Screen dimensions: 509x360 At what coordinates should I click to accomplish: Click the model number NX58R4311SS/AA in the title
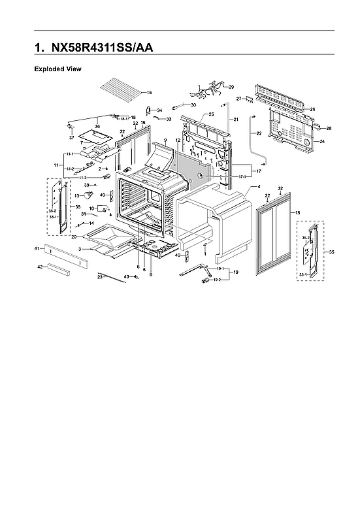105,48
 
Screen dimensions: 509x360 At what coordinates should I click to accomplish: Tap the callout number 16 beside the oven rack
149,93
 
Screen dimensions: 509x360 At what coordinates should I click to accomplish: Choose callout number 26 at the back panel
312,109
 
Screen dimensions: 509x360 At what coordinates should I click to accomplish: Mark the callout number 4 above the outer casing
259,187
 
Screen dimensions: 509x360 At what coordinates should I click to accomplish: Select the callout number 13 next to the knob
76,195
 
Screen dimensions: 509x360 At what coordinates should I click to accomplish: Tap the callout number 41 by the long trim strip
37,249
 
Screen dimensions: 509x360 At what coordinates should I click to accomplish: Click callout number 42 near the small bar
40,267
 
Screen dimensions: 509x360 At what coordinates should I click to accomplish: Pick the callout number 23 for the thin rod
100,278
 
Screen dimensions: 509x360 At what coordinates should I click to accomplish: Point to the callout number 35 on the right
331,252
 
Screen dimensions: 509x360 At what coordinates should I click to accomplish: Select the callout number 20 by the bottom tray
74,236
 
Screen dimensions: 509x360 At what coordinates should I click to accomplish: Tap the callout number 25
212,114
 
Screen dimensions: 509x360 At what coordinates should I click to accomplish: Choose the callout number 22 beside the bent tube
259,133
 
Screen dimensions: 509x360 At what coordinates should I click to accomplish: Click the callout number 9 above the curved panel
166,140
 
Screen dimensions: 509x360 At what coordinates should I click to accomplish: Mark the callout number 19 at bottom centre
237,271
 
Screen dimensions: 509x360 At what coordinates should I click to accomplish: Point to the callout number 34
159,110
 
